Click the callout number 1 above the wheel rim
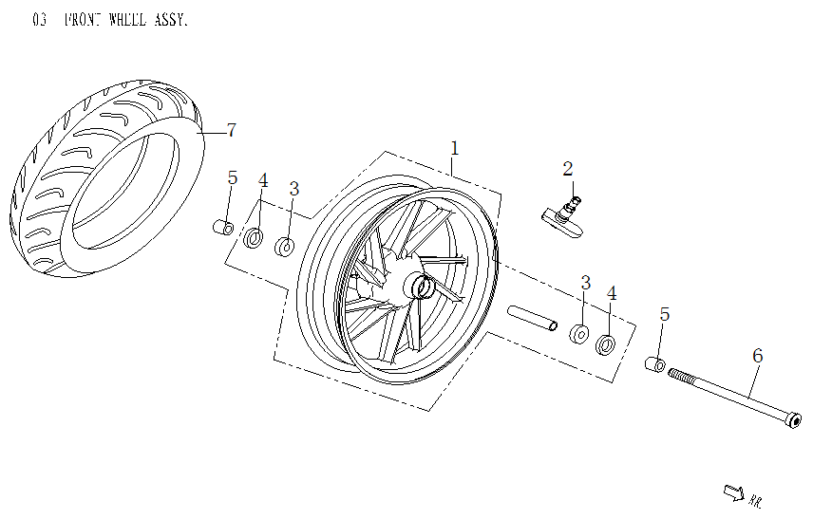(455, 148)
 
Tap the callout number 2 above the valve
(568, 170)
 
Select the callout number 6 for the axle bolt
(757, 356)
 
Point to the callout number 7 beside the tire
(231, 130)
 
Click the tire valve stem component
(559, 213)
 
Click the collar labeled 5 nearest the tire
(223, 229)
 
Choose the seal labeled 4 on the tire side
(254, 237)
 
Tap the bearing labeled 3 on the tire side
(285, 247)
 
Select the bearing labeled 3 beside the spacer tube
(577, 334)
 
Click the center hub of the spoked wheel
(420, 286)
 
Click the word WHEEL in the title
(120, 20)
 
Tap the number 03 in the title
(40, 20)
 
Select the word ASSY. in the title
(171, 20)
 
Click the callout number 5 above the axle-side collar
(665, 314)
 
